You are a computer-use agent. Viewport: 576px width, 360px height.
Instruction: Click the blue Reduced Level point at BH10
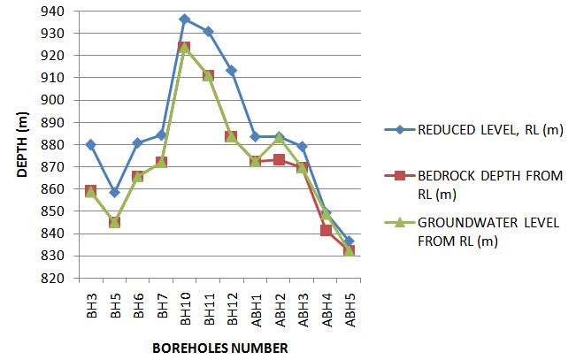(184, 19)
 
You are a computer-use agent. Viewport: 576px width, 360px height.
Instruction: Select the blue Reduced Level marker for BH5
(114, 192)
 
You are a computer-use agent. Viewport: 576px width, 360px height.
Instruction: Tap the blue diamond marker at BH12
(231, 70)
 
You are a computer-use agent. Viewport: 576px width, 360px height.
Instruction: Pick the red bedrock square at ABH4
(326, 230)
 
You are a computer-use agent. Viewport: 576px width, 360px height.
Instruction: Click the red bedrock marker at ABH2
(279, 159)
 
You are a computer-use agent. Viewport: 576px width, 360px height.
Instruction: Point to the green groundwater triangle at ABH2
(279, 138)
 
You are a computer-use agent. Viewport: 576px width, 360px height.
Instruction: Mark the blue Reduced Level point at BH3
(91, 144)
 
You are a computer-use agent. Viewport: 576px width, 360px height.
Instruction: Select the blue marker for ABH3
(302, 146)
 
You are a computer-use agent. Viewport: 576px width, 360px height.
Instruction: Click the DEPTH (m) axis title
(24, 145)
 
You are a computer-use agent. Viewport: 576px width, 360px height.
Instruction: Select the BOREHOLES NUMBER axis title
(219, 349)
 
